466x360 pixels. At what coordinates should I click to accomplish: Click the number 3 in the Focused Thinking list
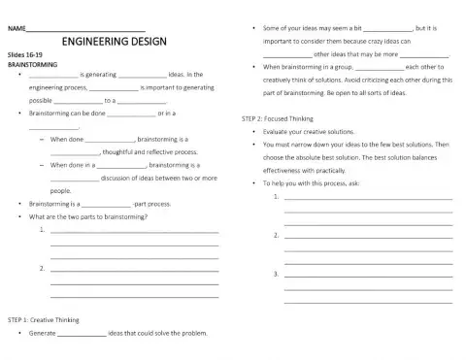point(277,274)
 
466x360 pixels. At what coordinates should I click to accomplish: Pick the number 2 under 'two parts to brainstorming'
point(41,267)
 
